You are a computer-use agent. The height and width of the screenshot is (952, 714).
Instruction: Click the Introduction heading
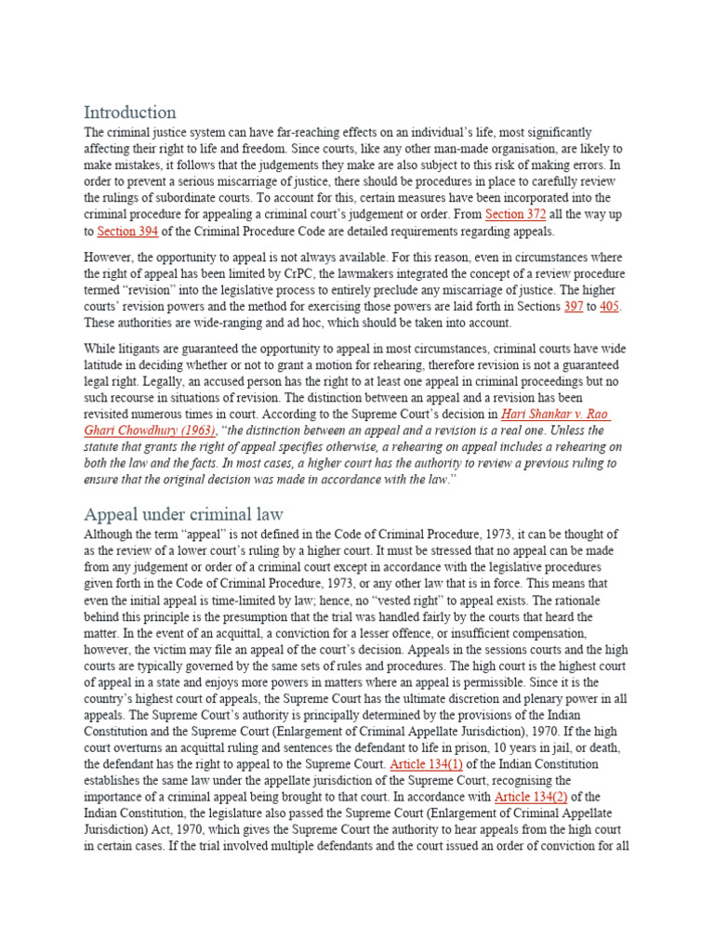[x=129, y=112]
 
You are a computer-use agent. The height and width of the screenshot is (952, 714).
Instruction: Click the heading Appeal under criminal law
[x=183, y=514]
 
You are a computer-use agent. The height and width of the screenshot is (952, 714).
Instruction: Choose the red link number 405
[x=611, y=306]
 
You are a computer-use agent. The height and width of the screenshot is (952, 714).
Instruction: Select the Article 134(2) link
[x=530, y=798]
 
